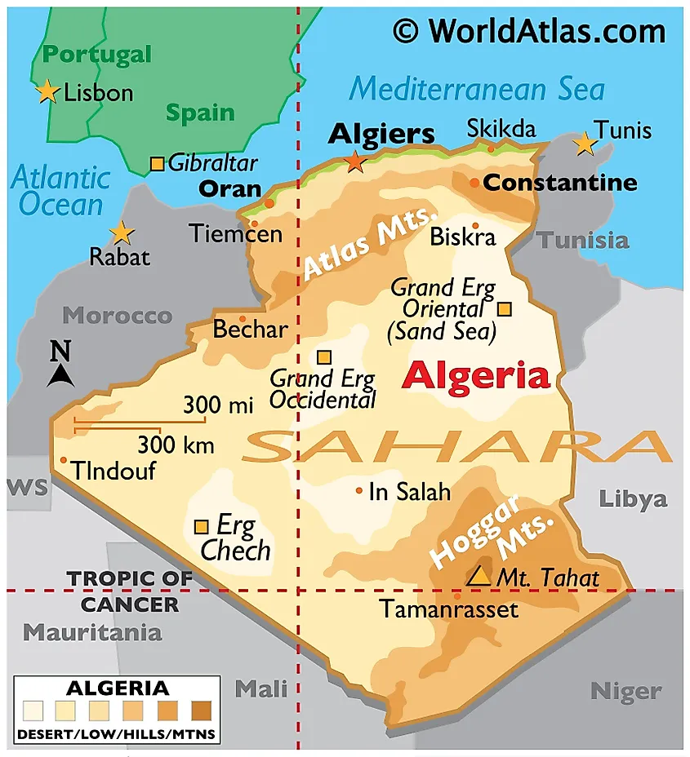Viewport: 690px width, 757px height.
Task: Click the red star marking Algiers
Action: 355,161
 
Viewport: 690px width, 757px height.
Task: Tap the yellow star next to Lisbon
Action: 48,91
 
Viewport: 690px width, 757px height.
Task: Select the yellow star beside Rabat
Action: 122,233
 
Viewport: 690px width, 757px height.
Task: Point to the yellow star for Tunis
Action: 584,144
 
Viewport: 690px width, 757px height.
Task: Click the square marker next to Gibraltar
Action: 157,164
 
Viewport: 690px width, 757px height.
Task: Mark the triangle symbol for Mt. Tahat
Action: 479,576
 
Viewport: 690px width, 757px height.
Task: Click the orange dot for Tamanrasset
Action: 457,596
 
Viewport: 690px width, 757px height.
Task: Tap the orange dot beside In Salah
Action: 359,490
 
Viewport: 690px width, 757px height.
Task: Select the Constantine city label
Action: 560,183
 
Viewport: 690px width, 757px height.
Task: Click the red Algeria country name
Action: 476,376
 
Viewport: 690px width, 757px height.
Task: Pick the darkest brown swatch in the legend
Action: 203,709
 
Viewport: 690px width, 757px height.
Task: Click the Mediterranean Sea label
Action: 477,89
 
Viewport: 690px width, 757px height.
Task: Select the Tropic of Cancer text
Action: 130,591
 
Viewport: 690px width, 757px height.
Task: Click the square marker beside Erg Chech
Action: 201,526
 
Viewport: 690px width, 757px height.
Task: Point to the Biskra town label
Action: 462,237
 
